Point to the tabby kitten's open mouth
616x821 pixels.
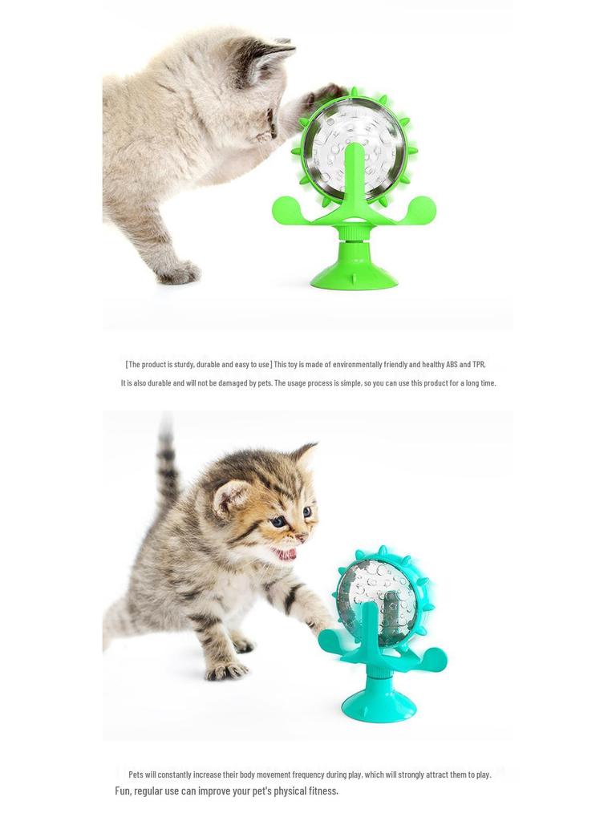pos(285,553)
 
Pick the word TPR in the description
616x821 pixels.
pos(479,364)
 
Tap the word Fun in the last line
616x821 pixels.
pos(122,791)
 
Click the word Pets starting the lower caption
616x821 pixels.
pos(136,774)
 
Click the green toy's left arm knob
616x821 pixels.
pos(284,212)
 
